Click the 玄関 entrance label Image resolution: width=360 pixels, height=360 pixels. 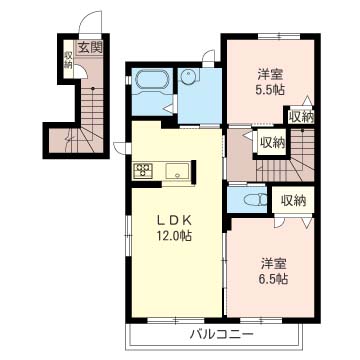(x=90, y=48)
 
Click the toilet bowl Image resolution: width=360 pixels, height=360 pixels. (x=254, y=200)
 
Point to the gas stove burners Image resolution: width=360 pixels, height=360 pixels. (x=143, y=170)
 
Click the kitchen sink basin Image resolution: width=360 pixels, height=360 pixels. (x=178, y=171)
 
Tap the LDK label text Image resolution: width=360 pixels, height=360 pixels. (x=174, y=220)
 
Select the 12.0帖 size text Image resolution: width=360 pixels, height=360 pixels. (x=174, y=236)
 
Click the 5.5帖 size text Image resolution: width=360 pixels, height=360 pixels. (x=271, y=90)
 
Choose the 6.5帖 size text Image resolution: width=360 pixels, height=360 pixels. (x=274, y=278)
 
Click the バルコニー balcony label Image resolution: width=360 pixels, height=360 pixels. (x=220, y=334)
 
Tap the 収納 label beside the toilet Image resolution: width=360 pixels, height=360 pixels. (x=293, y=201)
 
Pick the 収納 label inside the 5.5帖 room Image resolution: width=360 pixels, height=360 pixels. (x=301, y=117)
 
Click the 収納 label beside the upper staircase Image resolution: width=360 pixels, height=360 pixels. (x=272, y=143)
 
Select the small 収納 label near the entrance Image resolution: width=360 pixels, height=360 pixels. (x=68, y=60)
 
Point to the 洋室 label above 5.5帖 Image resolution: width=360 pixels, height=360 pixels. (x=270, y=75)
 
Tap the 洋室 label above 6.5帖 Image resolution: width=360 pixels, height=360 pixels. (x=274, y=264)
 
